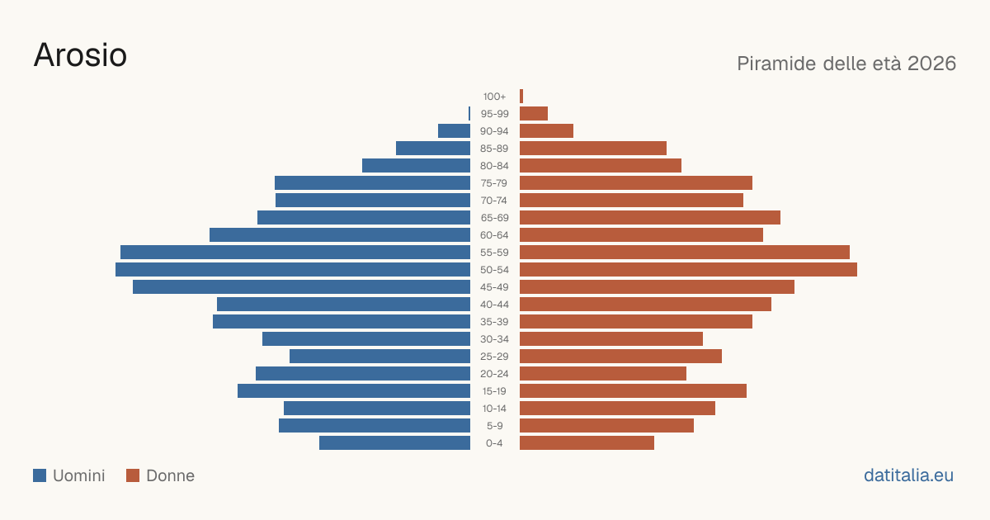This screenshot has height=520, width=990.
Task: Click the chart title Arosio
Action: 81,55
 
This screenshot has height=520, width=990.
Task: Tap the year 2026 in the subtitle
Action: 931,64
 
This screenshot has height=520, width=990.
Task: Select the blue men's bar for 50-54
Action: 293,270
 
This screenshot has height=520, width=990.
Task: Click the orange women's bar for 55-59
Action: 685,253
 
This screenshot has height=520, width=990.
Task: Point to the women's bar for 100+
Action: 521,97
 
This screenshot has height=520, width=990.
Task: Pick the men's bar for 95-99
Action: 469,114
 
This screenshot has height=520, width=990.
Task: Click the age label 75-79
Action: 494,183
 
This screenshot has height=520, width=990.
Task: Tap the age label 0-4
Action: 494,443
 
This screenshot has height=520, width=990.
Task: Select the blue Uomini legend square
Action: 40,475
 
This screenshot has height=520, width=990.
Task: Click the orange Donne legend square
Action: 133,475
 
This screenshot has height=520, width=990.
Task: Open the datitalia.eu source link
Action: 908,475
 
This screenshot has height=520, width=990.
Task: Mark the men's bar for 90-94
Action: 454,131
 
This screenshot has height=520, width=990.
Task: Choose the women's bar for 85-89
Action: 593,148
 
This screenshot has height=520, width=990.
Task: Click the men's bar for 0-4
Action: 394,443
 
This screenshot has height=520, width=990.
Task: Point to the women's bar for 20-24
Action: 603,374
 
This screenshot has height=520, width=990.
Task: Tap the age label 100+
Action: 494,97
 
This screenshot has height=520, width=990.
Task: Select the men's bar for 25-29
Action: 379,357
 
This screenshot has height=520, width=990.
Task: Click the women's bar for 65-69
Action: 650,218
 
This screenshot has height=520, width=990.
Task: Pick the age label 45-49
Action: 494,287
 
